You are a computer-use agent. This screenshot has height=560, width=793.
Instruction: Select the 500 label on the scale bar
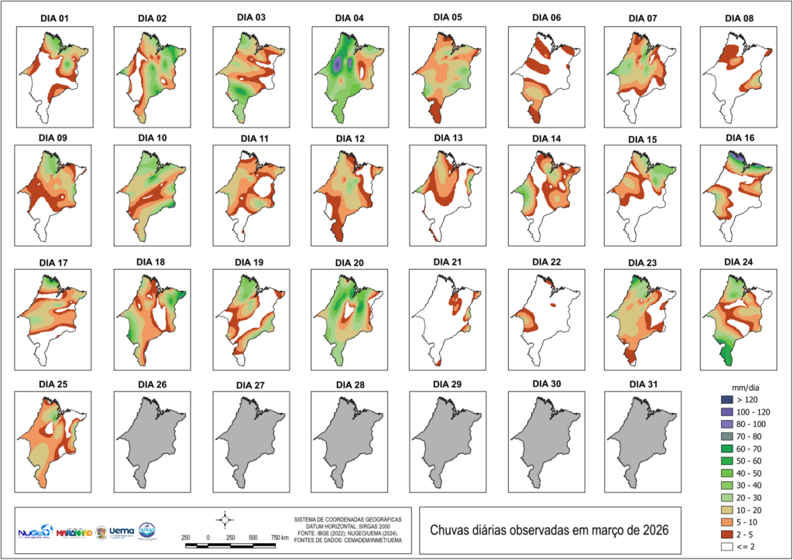click(x=252, y=537)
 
